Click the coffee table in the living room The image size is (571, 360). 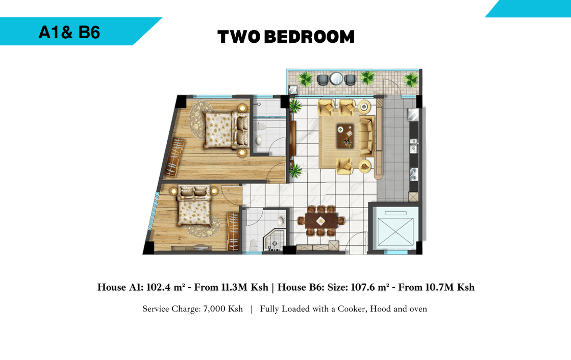pos(345,136)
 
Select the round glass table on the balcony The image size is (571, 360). pos(336,78)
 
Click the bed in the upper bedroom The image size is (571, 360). pos(226,130)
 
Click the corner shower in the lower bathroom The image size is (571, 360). pos(273,240)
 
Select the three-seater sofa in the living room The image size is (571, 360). pos(367,136)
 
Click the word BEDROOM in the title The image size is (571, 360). pos(309,37)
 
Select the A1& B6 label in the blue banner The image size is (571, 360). pos(69,33)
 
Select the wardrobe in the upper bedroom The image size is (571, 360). pos(175,157)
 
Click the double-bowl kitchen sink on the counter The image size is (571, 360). pos(414,145)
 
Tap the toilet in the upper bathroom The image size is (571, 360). pos(261,126)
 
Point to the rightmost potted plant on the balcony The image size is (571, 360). pos(411,80)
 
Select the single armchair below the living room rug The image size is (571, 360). pos(344,166)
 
